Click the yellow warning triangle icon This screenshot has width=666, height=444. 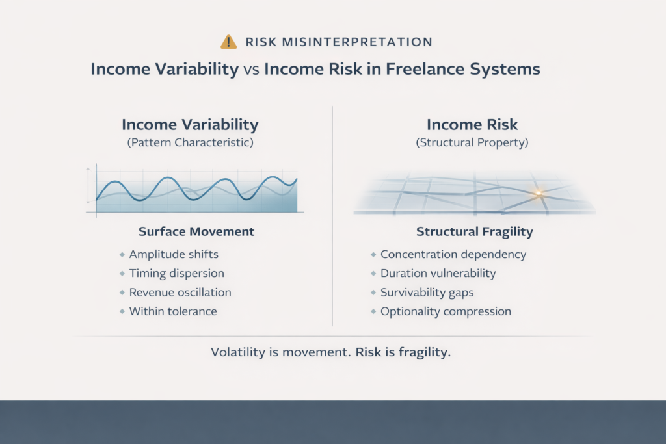pyautogui.click(x=228, y=42)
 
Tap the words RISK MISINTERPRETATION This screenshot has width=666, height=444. pyautogui.click(x=339, y=42)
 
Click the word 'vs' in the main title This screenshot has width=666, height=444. pyautogui.click(x=252, y=69)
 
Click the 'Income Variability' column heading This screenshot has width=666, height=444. pyautogui.click(x=191, y=125)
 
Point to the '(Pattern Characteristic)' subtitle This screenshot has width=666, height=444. pyautogui.click(x=191, y=142)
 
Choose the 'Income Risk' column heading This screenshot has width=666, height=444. pyautogui.click(x=472, y=124)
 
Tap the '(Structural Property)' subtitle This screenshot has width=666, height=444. pyautogui.click(x=472, y=142)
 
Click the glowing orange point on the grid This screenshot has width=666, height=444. pyautogui.click(x=539, y=194)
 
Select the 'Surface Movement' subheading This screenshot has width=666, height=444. pyautogui.click(x=196, y=231)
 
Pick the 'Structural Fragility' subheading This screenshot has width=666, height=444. pyautogui.click(x=474, y=232)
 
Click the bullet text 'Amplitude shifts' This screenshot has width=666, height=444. pyautogui.click(x=174, y=254)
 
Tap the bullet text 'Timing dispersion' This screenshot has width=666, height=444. pyautogui.click(x=177, y=274)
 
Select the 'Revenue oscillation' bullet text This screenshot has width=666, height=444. pyautogui.click(x=180, y=293)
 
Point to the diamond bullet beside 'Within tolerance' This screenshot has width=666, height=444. pyautogui.click(x=122, y=311)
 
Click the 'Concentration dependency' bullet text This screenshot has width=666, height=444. pyautogui.click(x=453, y=254)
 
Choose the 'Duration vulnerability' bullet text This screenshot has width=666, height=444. pyautogui.click(x=438, y=274)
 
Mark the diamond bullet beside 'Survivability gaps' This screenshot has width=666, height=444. pyautogui.click(x=373, y=293)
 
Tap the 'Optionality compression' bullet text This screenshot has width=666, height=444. pyautogui.click(x=446, y=311)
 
